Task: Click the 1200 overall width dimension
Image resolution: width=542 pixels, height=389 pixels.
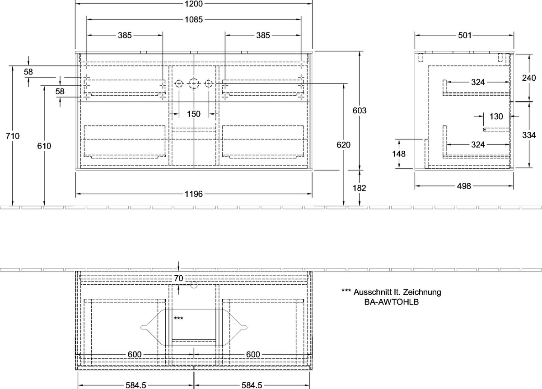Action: pyautogui.click(x=194, y=4)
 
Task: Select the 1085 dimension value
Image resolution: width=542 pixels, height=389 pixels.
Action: pyautogui.click(x=194, y=19)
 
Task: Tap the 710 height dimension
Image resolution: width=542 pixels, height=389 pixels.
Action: pyautogui.click(x=13, y=136)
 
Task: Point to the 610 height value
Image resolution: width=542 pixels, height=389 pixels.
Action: pyautogui.click(x=44, y=146)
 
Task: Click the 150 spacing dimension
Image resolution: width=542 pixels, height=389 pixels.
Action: pyautogui.click(x=194, y=114)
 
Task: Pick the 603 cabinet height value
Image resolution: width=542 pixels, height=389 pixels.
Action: pyautogui.click(x=360, y=111)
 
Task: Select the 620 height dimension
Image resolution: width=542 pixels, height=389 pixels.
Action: pyautogui.click(x=344, y=145)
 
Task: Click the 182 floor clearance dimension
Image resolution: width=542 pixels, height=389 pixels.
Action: pyautogui.click(x=360, y=188)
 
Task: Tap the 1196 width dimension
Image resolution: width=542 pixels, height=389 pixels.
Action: pyautogui.click(x=194, y=194)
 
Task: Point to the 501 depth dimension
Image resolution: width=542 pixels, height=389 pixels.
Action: pyautogui.click(x=465, y=36)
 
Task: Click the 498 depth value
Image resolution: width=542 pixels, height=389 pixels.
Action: pyautogui.click(x=464, y=186)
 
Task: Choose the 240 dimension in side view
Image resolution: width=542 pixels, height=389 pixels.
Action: pyautogui.click(x=529, y=78)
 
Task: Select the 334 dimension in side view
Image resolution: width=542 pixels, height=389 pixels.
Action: pyautogui.click(x=529, y=135)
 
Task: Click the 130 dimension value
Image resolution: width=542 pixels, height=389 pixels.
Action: pyautogui.click(x=496, y=116)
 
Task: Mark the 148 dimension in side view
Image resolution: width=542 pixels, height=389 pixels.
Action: pyautogui.click(x=399, y=154)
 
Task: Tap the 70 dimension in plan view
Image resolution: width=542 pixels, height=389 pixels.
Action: pyautogui.click(x=178, y=278)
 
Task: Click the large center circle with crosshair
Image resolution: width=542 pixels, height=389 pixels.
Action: pyautogui.click(x=194, y=84)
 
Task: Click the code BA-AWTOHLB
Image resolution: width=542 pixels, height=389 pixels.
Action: pyautogui.click(x=392, y=302)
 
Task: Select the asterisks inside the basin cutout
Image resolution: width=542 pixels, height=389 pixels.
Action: pyautogui.click(x=178, y=318)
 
